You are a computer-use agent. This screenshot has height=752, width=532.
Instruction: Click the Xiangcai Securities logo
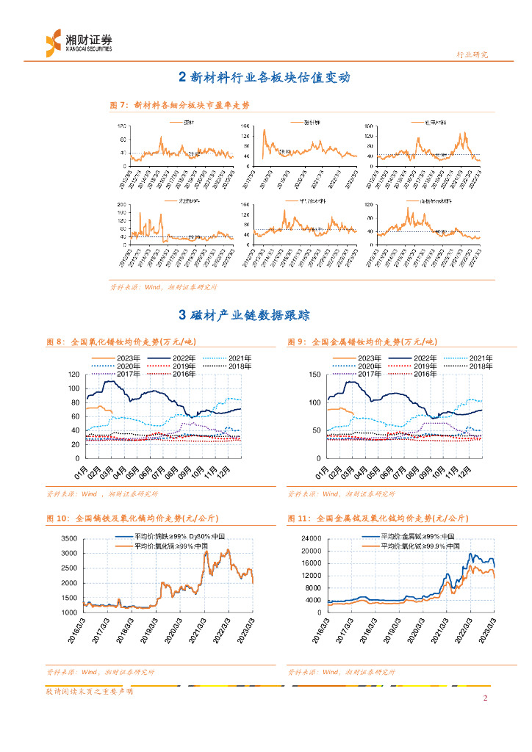pyautogui.click(x=79, y=42)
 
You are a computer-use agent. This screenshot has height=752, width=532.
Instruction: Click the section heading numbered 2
pyautogui.click(x=265, y=78)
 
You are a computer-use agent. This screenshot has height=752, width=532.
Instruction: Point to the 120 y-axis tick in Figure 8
pyautogui.click(x=73, y=375)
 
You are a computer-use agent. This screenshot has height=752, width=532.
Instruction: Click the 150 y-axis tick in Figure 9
pyautogui.click(x=314, y=375)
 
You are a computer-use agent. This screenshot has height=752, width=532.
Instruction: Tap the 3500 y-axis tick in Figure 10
pyautogui.click(x=68, y=538)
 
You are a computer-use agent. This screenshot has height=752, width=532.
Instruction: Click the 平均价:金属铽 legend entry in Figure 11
pyautogui.click(x=420, y=537)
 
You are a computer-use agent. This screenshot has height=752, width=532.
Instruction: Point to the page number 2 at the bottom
pyautogui.click(x=485, y=698)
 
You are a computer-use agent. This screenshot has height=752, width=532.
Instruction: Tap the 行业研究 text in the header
pyautogui.click(x=472, y=54)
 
